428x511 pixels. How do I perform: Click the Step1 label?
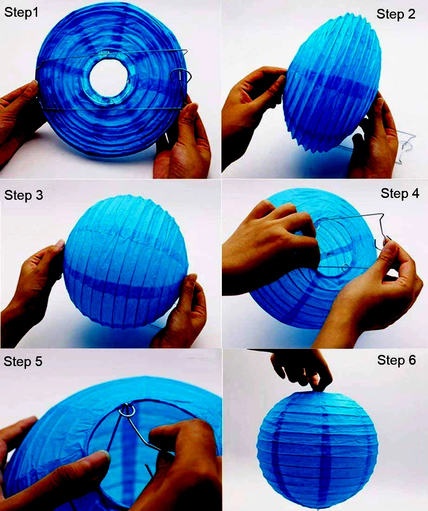tap(21, 13)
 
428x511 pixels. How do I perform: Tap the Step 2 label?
tap(396, 14)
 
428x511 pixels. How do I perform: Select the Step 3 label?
tap(24, 195)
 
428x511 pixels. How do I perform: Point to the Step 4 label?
tap(400, 193)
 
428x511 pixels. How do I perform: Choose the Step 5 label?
tap(23, 361)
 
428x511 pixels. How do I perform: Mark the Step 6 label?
tap(396, 360)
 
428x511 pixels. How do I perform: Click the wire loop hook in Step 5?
tap(127, 411)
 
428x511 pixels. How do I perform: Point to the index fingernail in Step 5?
tap(104, 455)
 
